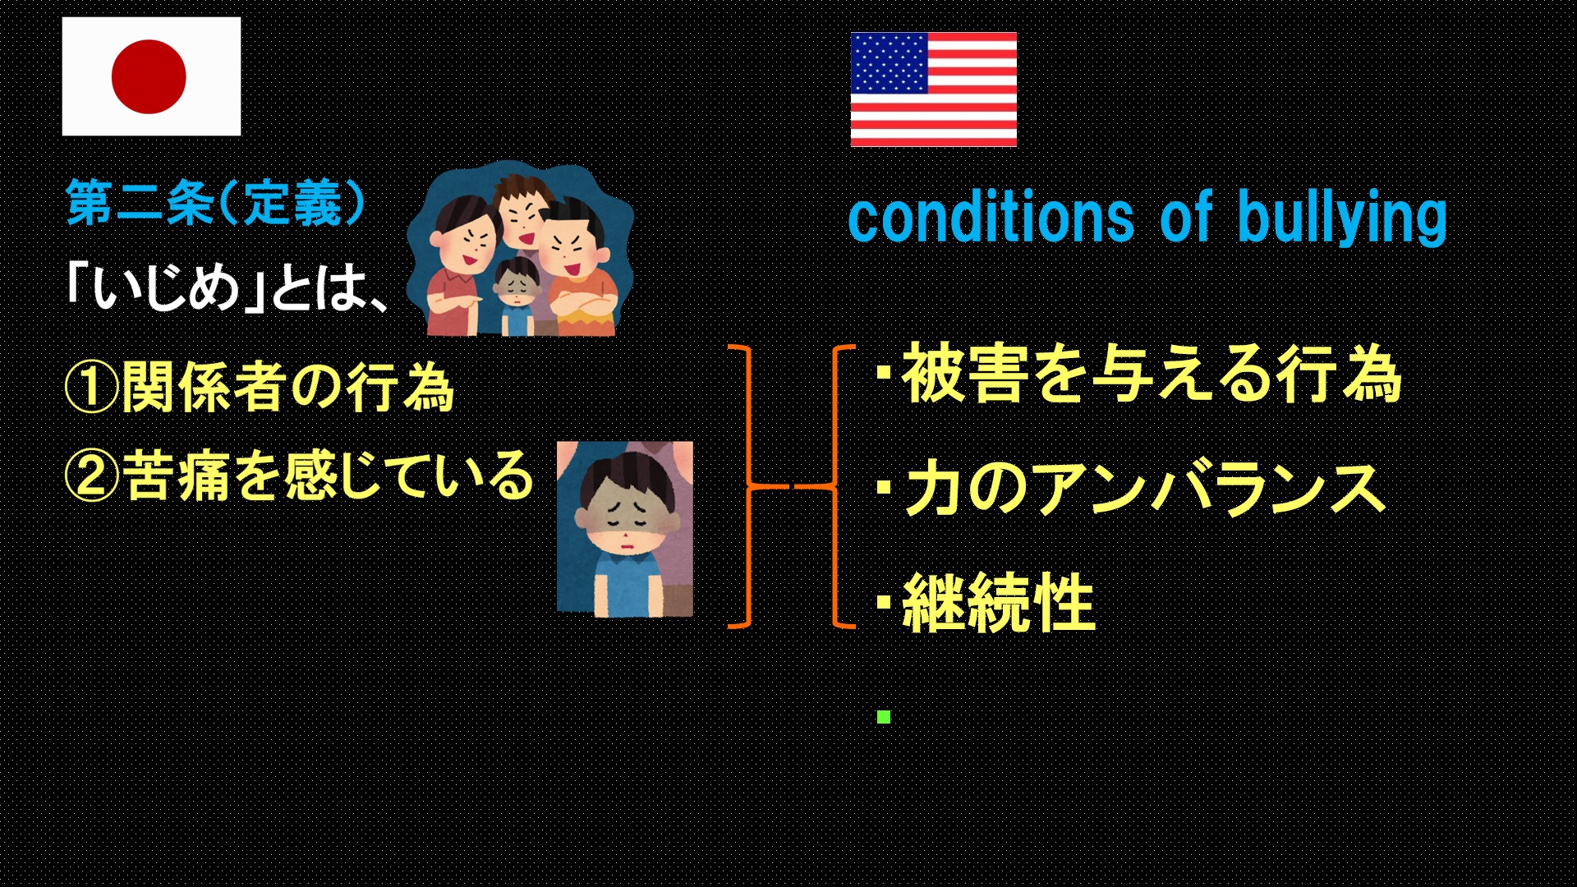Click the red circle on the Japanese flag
[x=149, y=76]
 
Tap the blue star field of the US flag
[x=890, y=63]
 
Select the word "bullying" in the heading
[x=1342, y=218]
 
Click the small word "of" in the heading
[x=1186, y=217]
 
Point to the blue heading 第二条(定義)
[x=215, y=202]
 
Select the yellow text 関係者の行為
[x=287, y=387]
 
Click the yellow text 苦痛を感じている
[x=329, y=476]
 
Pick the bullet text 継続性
[x=999, y=602]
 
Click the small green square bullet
[x=884, y=717]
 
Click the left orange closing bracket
[x=750, y=487]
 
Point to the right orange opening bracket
[x=834, y=487]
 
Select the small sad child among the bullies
[x=515, y=296]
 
